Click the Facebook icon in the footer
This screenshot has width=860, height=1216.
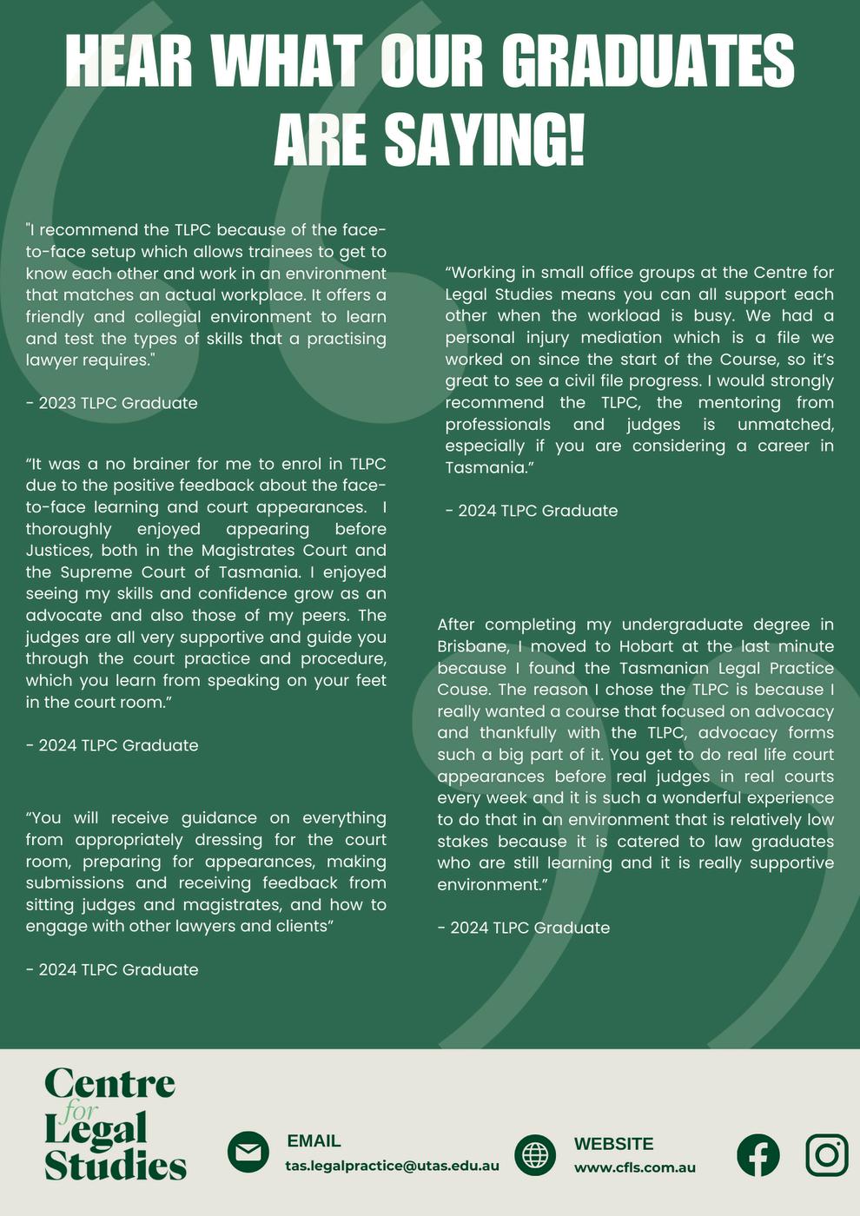758,1155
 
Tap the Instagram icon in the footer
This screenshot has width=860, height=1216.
826,1155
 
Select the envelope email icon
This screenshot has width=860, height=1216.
248,1153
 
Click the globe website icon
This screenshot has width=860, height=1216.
535,1154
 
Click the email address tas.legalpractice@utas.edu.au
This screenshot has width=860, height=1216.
392,1166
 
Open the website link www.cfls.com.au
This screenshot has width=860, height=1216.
635,1167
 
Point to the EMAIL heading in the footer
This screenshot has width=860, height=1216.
314,1141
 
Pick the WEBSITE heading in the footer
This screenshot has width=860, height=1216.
613,1144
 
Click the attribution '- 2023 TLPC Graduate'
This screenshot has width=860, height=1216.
112,403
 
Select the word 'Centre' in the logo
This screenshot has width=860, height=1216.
110,1083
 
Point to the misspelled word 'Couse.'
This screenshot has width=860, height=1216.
465,690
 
